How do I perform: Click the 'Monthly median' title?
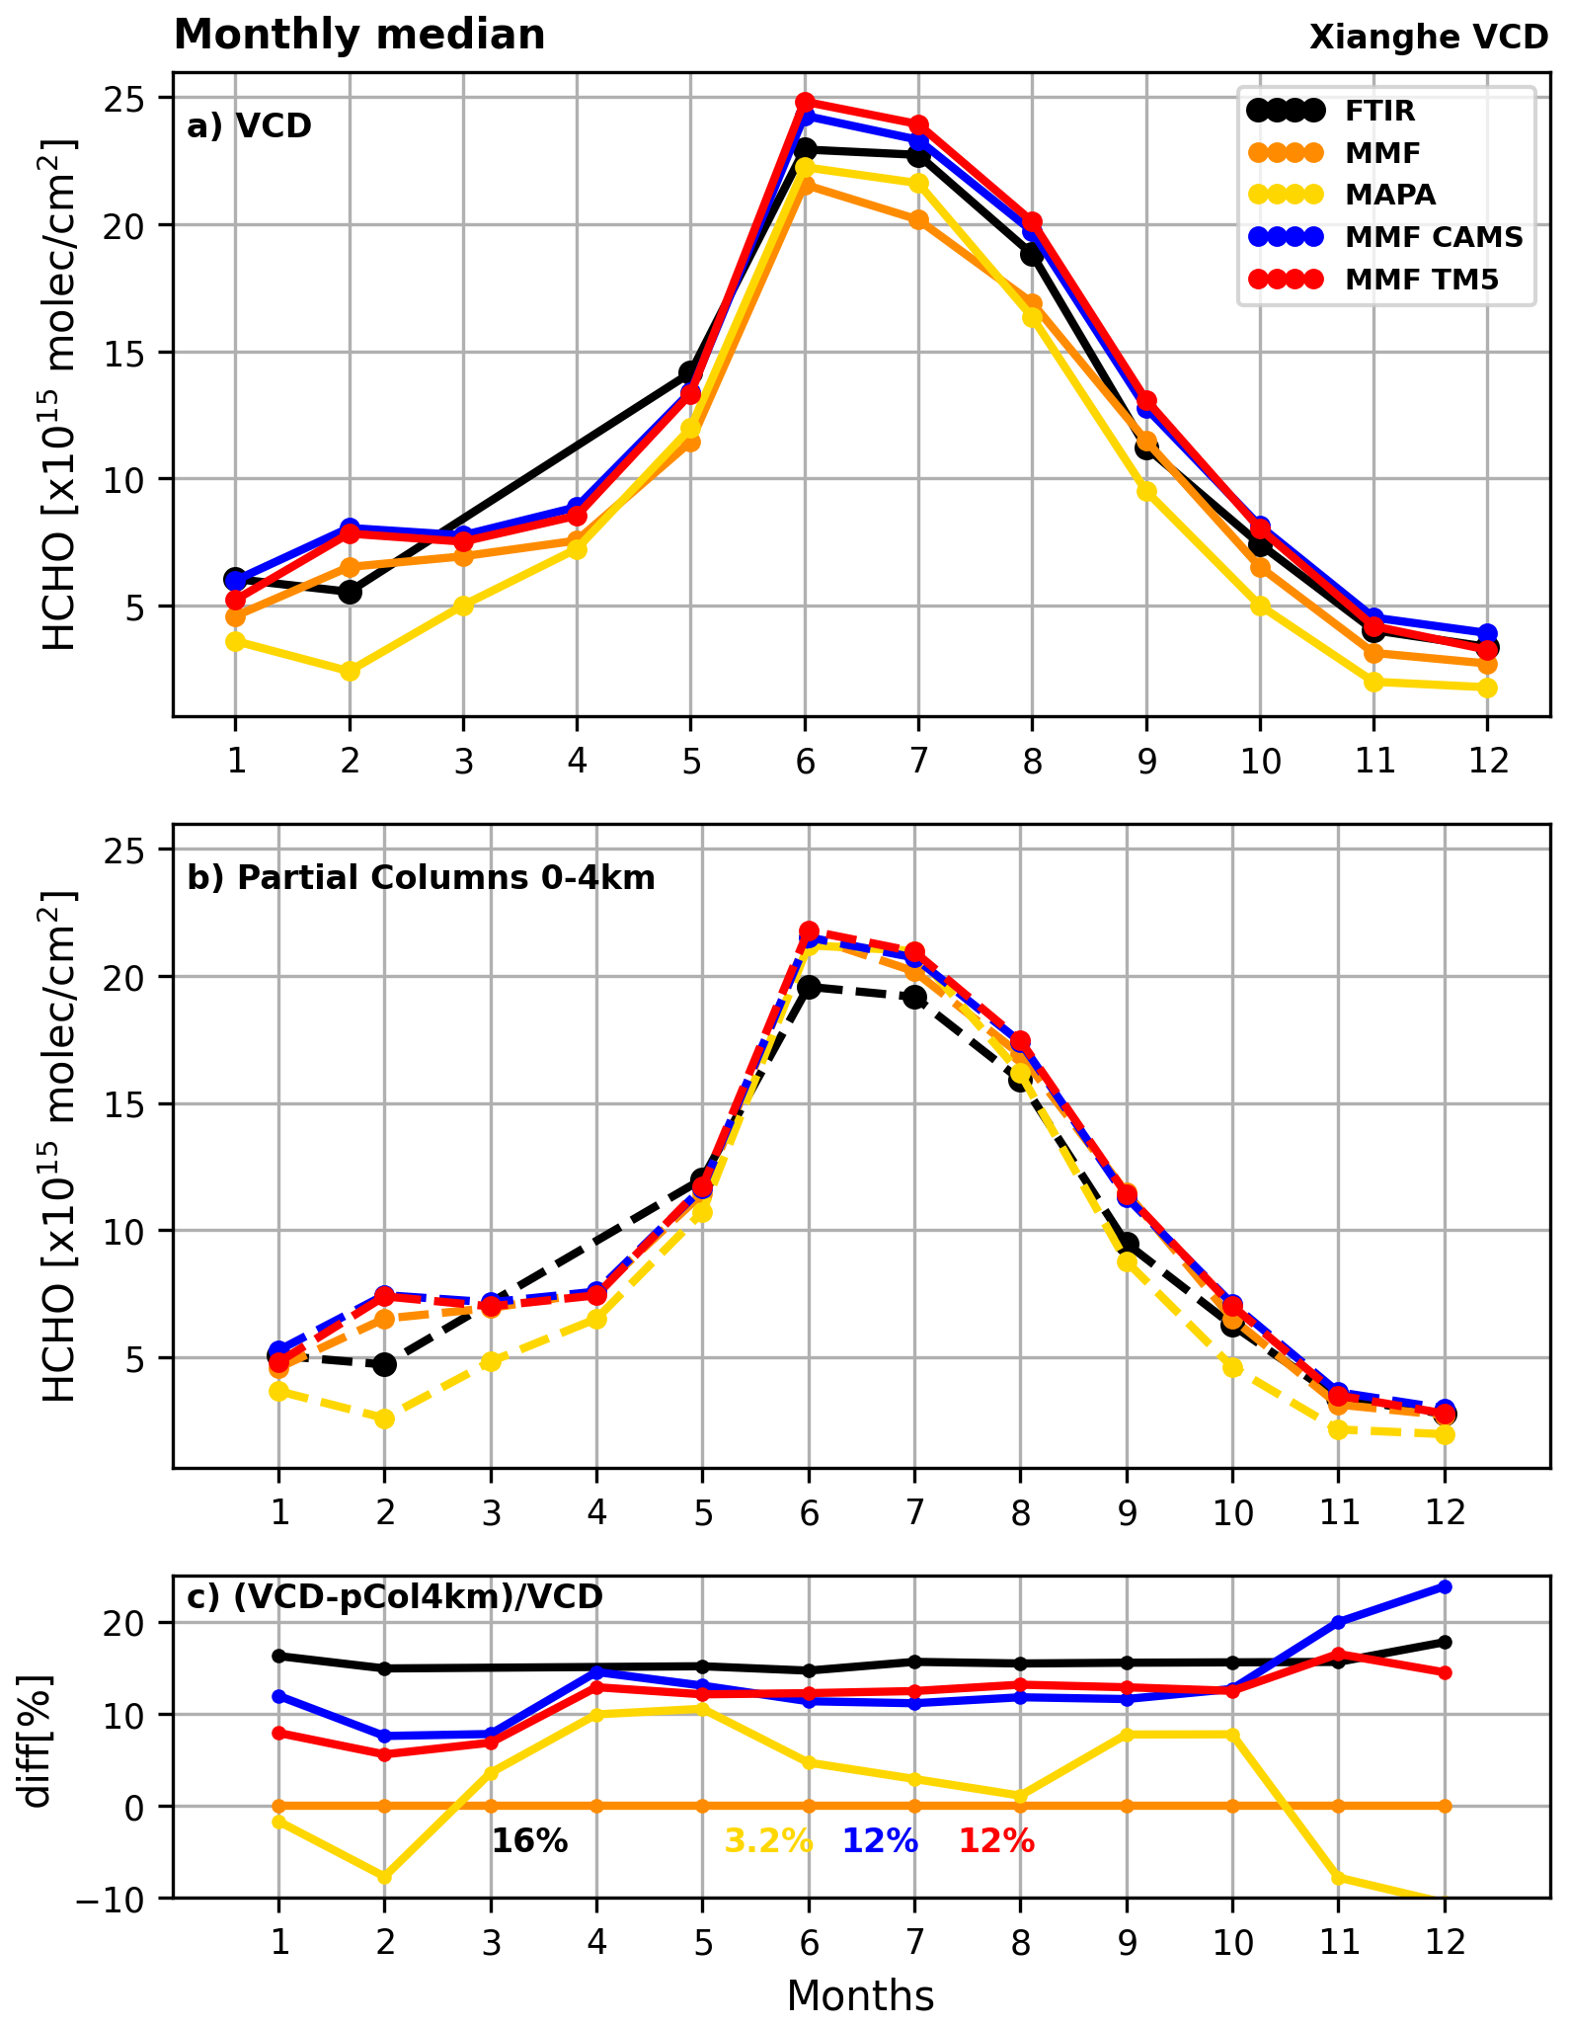tap(359, 36)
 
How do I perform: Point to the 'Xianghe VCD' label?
tap(1428, 38)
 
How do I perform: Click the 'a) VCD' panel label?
tap(249, 126)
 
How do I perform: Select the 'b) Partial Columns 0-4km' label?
tap(421, 877)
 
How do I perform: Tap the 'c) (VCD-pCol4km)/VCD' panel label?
tap(395, 1596)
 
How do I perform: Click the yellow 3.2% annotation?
tap(768, 1840)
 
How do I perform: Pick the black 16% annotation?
tap(529, 1840)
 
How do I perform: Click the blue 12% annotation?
tap(880, 1840)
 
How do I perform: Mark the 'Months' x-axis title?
tap(860, 1995)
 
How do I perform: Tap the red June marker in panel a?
tap(805, 102)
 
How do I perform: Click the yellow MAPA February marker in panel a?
tap(350, 671)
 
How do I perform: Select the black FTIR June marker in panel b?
tap(809, 987)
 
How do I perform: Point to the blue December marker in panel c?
tap(1444, 1586)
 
